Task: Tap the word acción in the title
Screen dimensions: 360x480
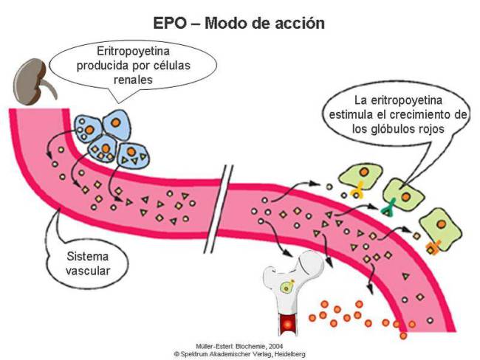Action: tap(297, 23)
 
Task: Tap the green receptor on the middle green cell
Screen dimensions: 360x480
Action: tap(388, 210)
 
